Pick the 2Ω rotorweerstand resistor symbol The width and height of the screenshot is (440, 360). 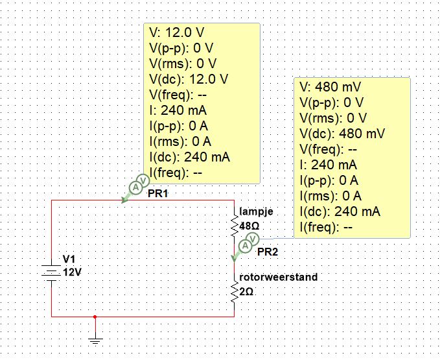(x=235, y=291)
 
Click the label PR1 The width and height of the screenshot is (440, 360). (x=158, y=193)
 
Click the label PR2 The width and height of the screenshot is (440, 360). (x=268, y=252)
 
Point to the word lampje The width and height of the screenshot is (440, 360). (x=256, y=211)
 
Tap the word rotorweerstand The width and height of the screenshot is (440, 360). (x=279, y=277)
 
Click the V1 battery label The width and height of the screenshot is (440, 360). (x=69, y=259)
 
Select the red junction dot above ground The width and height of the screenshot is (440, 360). (x=95, y=317)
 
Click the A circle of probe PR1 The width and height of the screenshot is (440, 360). (x=136, y=187)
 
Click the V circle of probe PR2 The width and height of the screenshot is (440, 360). (x=253, y=239)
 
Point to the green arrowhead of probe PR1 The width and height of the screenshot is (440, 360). (x=124, y=200)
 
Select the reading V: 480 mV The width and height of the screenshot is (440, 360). (x=330, y=87)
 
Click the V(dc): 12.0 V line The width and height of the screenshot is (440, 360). (x=189, y=79)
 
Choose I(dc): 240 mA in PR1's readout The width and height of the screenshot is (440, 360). (x=190, y=157)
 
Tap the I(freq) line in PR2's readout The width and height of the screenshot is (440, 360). (x=326, y=227)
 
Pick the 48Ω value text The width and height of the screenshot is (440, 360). (x=249, y=226)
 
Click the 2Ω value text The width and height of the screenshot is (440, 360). (x=246, y=292)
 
